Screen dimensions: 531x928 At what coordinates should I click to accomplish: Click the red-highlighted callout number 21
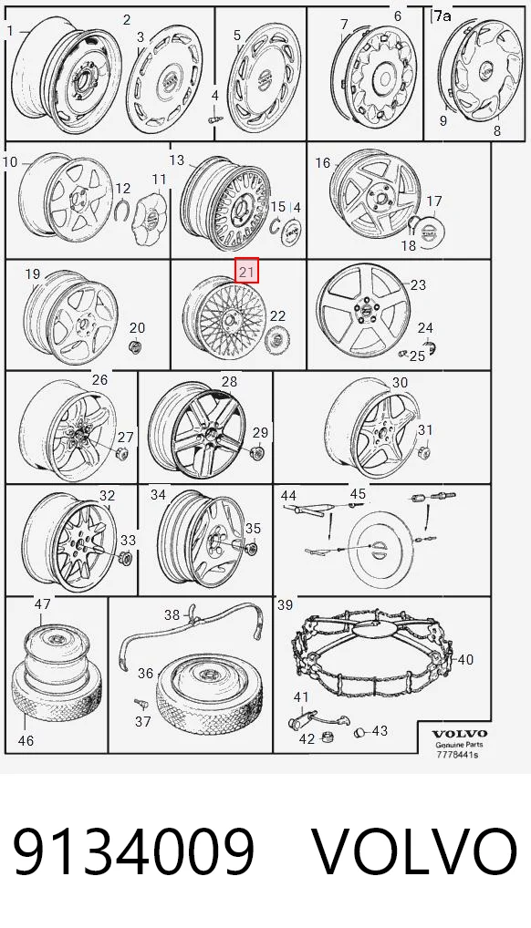pyautogui.click(x=247, y=271)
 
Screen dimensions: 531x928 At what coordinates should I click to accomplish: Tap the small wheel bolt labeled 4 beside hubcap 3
pyautogui.click(x=214, y=119)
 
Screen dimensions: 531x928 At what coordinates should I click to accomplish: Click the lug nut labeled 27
pyautogui.click(x=122, y=455)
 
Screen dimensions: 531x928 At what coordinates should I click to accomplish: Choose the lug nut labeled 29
pyautogui.click(x=258, y=454)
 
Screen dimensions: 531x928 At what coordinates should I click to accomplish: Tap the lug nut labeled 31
pyautogui.click(x=423, y=453)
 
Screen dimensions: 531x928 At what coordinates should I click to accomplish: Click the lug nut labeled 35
pyautogui.click(x=251, y=549)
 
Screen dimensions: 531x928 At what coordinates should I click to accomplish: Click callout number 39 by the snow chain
pyautogui.click(x=285, y=604)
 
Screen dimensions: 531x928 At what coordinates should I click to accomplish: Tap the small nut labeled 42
pyautogui.click(x=325, y=737)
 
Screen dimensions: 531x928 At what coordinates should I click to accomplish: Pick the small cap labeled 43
pyautogui.click(x=359, y=733)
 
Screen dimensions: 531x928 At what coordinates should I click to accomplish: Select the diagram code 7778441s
pyautogui.click(x=457, y=755)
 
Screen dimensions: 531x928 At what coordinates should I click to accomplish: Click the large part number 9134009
pyautogui.click(x=134, y=851)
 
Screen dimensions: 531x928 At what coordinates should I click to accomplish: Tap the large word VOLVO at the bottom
pyautogui.click(x=414, y=851)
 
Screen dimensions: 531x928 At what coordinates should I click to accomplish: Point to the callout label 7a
pyautogui.click(x=441, y=16)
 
